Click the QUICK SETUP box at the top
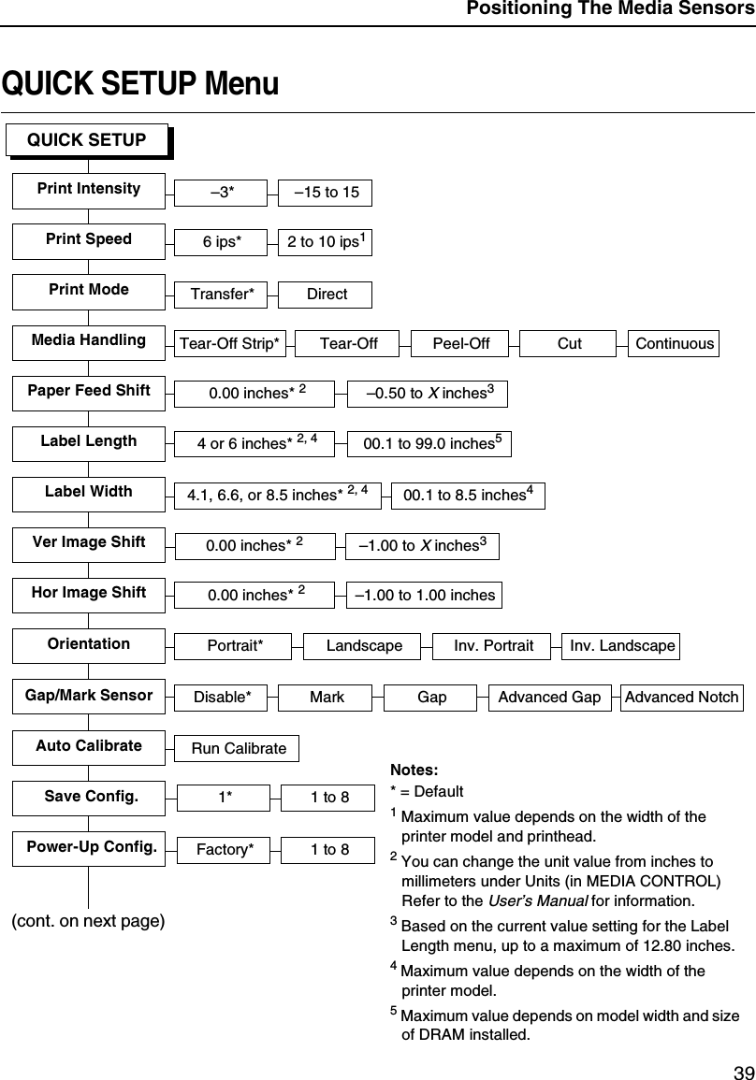[87, 140]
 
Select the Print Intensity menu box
[89, 189]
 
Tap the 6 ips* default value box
[222, 242]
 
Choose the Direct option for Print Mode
[327, 294]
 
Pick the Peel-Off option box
[460, 343]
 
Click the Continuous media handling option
[674, 343]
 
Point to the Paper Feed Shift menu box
[89, 391]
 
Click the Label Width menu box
[89, 492]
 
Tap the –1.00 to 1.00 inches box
[424, 595]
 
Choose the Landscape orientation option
[364, 646]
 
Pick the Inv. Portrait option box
[493, 646]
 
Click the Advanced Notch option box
[681, 697]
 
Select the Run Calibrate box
[239, 748]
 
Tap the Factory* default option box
[225, 850]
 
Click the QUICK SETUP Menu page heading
[140, 84]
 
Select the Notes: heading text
[413, 770]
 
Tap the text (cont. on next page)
[88, 921]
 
